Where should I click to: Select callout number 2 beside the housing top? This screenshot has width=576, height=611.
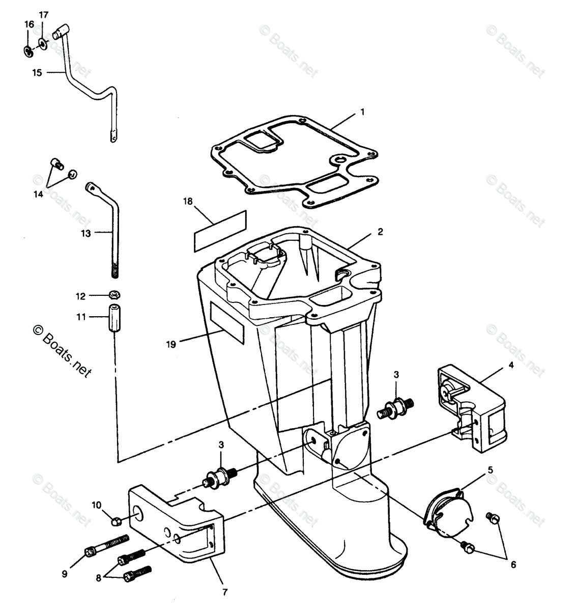(380, 232)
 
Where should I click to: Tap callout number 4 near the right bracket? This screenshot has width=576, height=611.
(511, 365)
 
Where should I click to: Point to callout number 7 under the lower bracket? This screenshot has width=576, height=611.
(224, 592)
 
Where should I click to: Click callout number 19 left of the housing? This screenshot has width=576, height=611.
(171, 345)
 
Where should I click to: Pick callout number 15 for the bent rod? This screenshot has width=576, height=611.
(37, 73)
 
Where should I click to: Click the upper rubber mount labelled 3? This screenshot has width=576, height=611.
(397, 407)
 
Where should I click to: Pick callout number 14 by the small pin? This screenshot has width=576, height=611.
(39, 193)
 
